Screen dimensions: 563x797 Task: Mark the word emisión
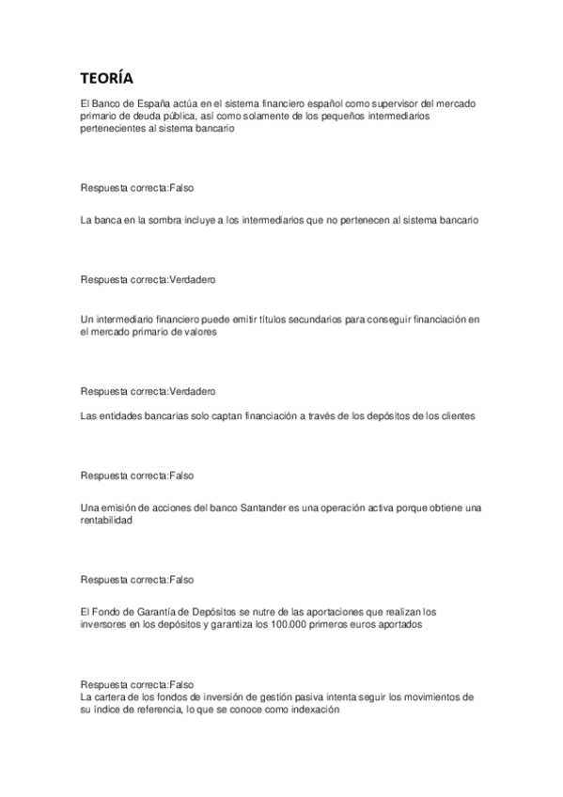point(119,508)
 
